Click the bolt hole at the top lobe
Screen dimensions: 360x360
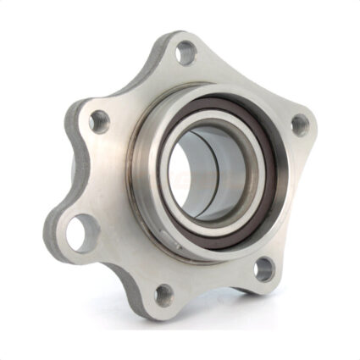(x=183, y=57)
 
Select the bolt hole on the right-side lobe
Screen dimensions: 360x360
(x=297, y=124)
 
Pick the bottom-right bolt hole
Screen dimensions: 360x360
(x=264, y=270)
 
